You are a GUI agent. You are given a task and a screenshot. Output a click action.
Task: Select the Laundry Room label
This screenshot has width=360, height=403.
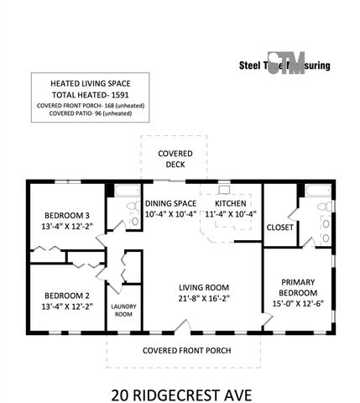pyautogui.click(x=123, y=310)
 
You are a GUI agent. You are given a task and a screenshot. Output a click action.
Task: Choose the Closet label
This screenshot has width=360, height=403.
pyautogui.click(x=279, y=227)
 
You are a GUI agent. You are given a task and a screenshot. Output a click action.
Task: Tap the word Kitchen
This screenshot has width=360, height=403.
pyautogui.click(x=230, y=203)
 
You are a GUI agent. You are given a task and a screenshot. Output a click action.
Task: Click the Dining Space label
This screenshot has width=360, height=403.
pyautogui.click(x=170, y=203)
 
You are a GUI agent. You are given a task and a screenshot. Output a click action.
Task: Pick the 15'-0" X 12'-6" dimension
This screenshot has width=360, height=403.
pyautogui.click(x=297, y=303)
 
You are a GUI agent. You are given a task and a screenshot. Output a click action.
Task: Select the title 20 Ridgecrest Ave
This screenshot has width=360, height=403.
pyautogui.click(x=180, y=392)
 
